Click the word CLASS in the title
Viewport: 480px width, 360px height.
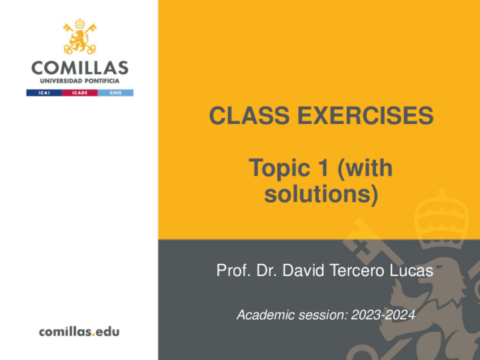point(249,115)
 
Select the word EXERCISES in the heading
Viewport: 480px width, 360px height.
point(365,115)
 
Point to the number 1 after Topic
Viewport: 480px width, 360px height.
point(323,168)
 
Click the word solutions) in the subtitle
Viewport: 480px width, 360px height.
point(321,194)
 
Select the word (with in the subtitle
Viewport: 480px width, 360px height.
point(365,168)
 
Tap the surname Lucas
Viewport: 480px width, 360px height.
point(412,271)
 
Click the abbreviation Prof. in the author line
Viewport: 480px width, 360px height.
point(234,271)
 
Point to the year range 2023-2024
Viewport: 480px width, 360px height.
point(383,315)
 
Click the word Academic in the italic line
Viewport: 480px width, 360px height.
point(265,315)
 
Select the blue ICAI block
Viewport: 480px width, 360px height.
point(44,93)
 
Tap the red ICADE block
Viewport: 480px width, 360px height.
point(80,93)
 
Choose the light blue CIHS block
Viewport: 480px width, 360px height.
point(115,93)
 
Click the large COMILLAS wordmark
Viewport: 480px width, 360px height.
point(80,68)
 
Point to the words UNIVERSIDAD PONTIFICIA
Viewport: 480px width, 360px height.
point(80,81)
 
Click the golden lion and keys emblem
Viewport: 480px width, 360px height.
point(80,36)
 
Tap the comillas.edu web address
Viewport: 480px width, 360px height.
point(79,332)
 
